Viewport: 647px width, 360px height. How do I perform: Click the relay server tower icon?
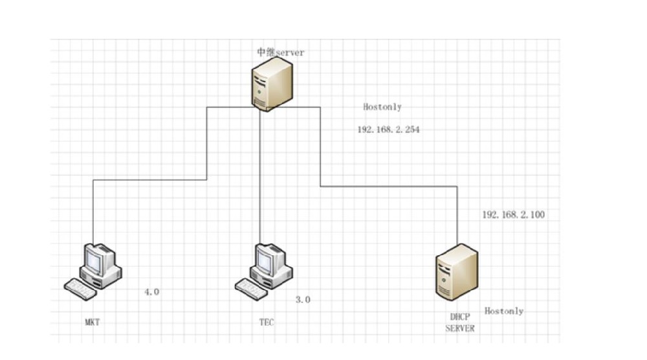(271, 83)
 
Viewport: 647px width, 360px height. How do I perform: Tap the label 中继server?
(280, 52)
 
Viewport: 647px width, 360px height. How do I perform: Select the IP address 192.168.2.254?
(388, 129)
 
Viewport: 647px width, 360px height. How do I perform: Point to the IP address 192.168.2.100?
(513, 214)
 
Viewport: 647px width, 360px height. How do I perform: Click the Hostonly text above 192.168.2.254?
(382, 107)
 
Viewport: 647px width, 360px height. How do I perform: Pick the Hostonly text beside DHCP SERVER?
(503, 311)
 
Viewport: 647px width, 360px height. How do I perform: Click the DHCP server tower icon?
(455, 272)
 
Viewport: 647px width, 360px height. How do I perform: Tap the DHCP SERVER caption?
(460, 322)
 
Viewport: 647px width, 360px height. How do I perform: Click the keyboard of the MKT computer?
(80, 288)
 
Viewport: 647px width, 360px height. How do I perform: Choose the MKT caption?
(92, 322)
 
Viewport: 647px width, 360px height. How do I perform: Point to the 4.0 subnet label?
(151, 292)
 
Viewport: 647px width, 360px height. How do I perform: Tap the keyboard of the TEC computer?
(250, 288)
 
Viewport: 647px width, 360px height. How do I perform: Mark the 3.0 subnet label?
(303, 300)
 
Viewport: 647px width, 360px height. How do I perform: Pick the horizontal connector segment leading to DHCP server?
(388, 186)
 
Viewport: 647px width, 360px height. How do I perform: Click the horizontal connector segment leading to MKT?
(149, 180)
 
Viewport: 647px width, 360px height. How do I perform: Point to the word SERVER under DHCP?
(460, 328)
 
